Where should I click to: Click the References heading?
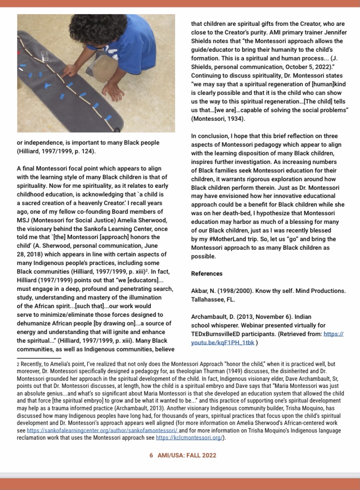coord(207,274)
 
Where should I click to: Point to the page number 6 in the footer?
coord(151,455)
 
